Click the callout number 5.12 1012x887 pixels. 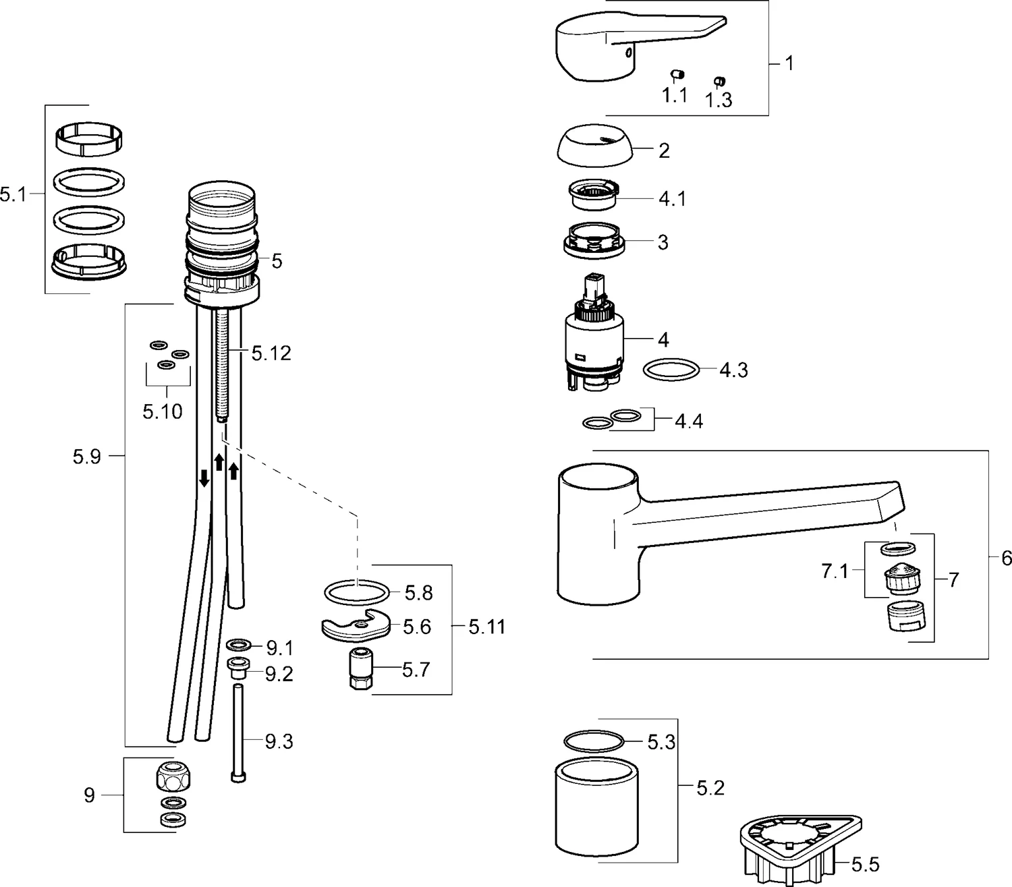click(x=271, y=353)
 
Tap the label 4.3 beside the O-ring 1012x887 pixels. click(x=733, y=370)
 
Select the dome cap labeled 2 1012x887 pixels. click(x=594, y=146)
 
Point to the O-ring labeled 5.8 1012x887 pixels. click(x=357, y=593)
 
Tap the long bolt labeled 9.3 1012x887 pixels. click(x=238, y=732)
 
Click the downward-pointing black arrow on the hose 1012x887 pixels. click(x=204, y=479)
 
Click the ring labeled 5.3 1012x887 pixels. click(x=592, y=741)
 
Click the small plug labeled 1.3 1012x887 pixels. click(x=719, y=82)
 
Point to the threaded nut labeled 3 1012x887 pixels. click(x=594, y=240)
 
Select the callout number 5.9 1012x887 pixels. click(x=87, y=457)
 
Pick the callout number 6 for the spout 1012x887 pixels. click(x=1006, y=559)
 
